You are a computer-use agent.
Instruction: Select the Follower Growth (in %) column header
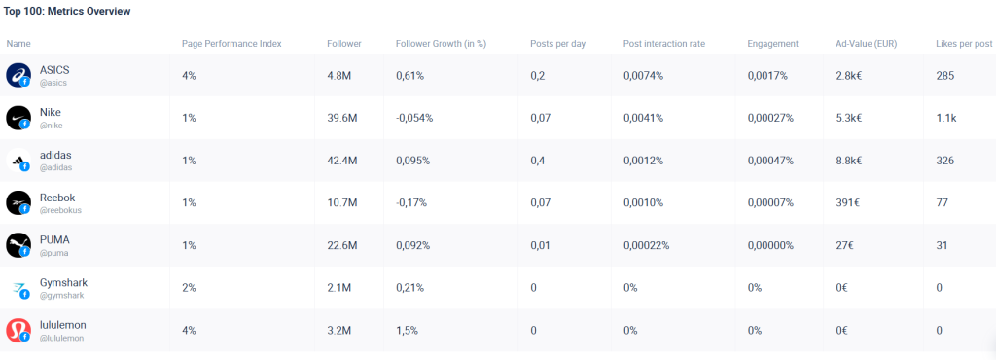[441, 44]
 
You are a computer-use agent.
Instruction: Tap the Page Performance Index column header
[231, 44]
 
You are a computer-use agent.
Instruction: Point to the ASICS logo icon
[18, 75]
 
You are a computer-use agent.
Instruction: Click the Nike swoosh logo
[18, 118]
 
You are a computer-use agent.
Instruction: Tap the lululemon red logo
[18, 330]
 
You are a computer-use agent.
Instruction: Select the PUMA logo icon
[18, 245]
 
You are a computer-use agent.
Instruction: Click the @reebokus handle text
[60, 210]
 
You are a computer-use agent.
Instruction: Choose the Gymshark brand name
[63, 282]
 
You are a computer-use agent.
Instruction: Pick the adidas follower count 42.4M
[342, 161]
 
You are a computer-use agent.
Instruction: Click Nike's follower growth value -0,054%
[414, 118]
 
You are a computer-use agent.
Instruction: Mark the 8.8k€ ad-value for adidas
[849, 161]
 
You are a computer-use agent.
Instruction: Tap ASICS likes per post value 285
[944, 75]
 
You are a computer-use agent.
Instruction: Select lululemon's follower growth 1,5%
[407, 330]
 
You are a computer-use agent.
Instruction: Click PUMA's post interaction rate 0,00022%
[647, 245]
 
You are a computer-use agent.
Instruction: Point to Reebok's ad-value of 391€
[847, 202]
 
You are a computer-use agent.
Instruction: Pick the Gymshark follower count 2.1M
[339, 288]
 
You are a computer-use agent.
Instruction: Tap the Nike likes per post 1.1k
[945, 118]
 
